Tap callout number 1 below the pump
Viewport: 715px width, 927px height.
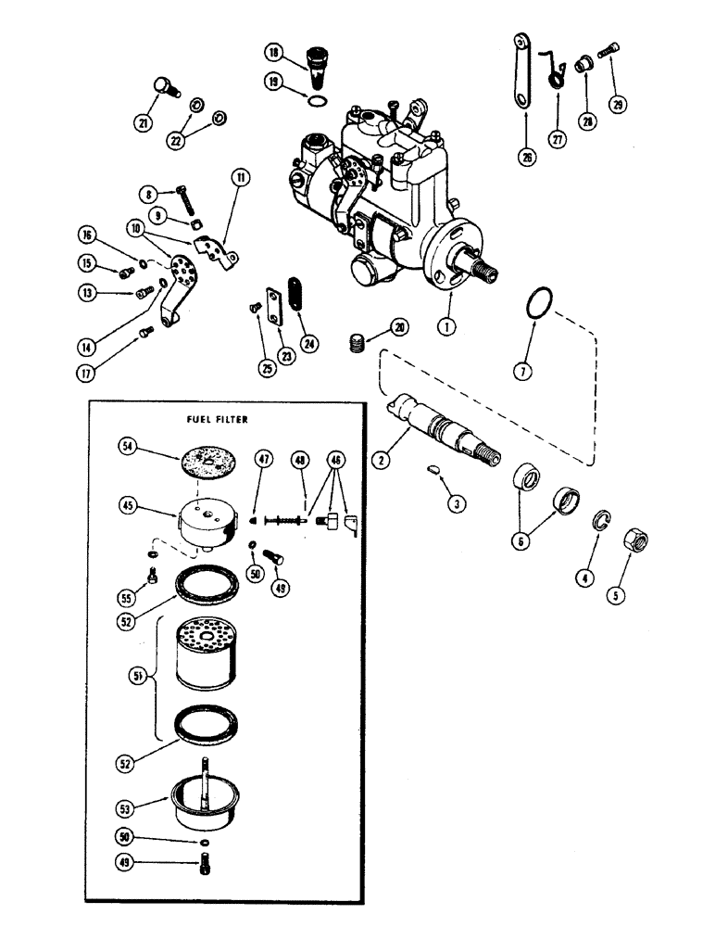[447, 327]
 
